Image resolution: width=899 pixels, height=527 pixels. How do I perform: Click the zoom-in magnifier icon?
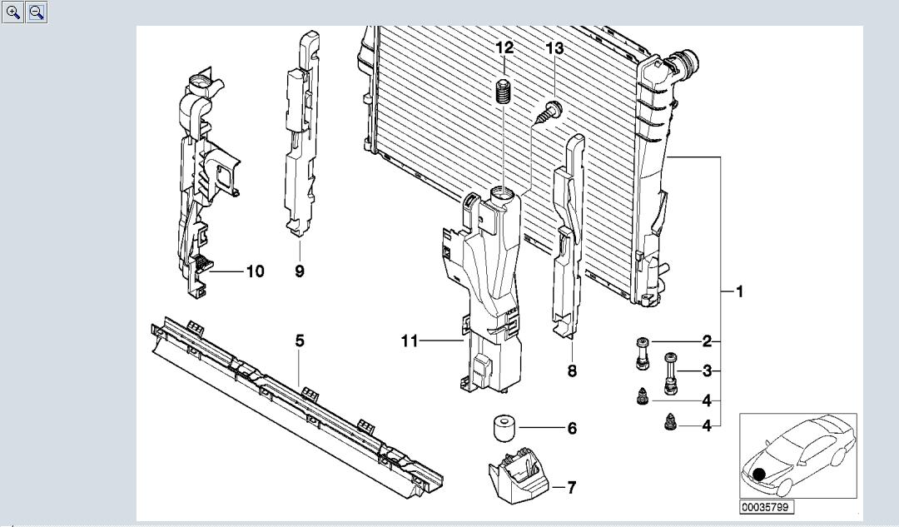pyautogui.click(x=12, y=12)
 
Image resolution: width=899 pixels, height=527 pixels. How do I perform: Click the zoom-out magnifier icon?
pyautogui.click(x=37, y=12)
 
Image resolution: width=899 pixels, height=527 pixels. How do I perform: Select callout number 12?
pyautogui.click(x=504, y=48)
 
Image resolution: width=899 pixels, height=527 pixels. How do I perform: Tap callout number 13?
pyautogui.click(x=554, y=48)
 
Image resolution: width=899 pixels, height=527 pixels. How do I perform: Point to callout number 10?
pyautogui.click(x=255, y=271)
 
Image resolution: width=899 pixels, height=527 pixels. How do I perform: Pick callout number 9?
pyautogui.click(x=300, y=271)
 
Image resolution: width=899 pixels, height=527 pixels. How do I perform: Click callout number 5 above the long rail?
pyautogui.click(x=300, y=341)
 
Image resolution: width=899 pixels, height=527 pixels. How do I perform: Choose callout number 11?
pyautogui.click(x=409, y=341)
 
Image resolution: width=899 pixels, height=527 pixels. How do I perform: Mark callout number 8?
pyautogui.click(x=572, y=371)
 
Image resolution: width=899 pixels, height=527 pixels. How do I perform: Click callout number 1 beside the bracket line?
pyautogui.click(x=739, y=291)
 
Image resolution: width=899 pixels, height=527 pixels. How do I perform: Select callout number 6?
pyautogui.click(x=572, y=429)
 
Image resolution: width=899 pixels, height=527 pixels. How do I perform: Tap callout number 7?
pyautogui.click(x=572, y=488)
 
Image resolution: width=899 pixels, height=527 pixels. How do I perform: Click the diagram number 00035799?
pyautogui.click(x=766, y=506)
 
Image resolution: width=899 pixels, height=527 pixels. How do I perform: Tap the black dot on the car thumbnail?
pyautogui.click(x=759, y=475)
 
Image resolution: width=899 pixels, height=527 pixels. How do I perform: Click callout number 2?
pyautogui.click(x=707, y=341)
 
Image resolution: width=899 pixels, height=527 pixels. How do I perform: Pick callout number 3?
pyautogui.click(x=707, y=371)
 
